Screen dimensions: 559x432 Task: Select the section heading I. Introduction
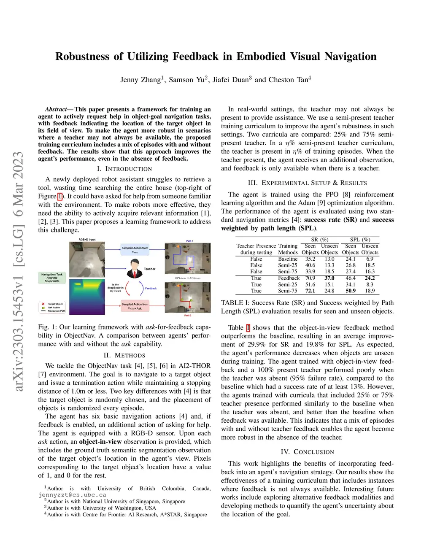124,169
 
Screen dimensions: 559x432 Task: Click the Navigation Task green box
52,278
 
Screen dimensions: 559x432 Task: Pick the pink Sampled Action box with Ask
135,306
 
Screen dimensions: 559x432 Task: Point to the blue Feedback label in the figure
151,289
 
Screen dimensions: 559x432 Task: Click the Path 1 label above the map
189,241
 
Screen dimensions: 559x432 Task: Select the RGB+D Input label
87,240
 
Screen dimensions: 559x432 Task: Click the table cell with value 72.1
310,291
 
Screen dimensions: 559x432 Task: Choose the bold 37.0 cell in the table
329,278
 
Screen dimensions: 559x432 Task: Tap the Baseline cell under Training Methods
288,259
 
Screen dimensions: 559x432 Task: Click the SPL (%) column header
360,240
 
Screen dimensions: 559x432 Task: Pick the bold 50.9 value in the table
350,291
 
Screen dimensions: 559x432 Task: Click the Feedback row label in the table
289,278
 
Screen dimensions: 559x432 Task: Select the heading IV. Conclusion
307,452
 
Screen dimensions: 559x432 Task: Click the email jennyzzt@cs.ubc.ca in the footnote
72,495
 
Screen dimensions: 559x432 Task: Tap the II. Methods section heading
124,355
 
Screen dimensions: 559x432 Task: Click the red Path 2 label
188,316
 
